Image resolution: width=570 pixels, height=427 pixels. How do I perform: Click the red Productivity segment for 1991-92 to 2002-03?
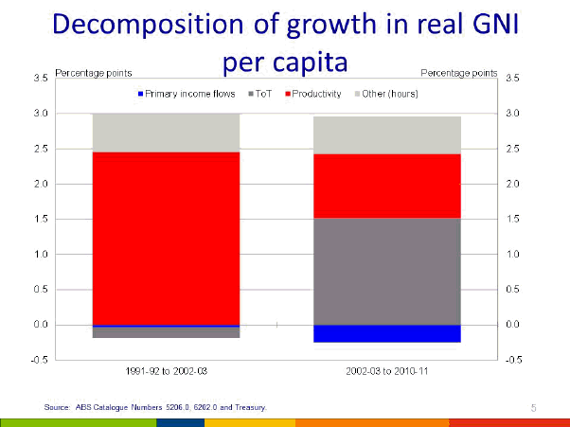pos(166,238)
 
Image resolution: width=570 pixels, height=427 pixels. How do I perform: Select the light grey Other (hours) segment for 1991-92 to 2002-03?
pos(166,133)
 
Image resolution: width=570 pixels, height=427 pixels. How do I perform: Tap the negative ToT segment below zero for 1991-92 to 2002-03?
pos(166,332)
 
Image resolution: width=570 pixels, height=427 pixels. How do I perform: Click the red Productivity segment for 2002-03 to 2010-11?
pos(386,186)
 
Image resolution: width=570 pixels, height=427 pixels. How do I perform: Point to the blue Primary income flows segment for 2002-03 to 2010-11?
pos(386,333)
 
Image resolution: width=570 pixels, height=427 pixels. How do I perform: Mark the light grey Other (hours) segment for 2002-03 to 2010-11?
pos(386,134)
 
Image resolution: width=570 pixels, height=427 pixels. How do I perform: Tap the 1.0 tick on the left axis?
pos(43,254)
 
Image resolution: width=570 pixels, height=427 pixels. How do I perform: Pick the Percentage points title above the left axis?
pos(94,73)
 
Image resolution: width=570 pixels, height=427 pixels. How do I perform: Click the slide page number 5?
pos(534,407)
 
